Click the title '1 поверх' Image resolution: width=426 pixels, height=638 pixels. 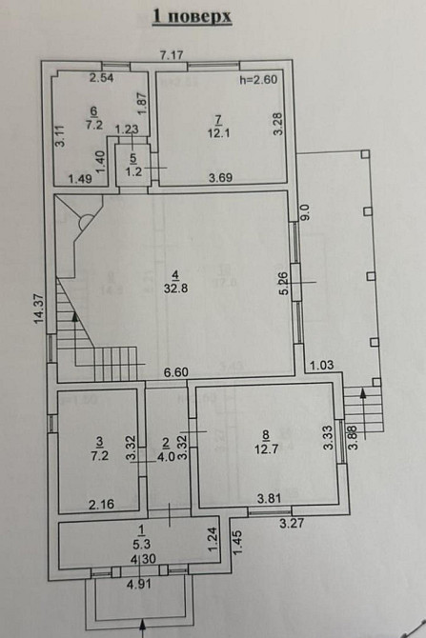(x=192, y=16)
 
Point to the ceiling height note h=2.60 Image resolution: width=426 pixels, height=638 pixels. (x=257, y=81)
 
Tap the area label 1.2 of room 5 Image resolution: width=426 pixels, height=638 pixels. (x=133, y=171)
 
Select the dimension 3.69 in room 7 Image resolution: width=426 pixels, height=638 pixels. (x=222, y=178)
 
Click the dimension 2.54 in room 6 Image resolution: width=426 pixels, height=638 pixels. (x=102, y=77)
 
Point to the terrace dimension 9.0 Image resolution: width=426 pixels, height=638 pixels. (x=304, y=211)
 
